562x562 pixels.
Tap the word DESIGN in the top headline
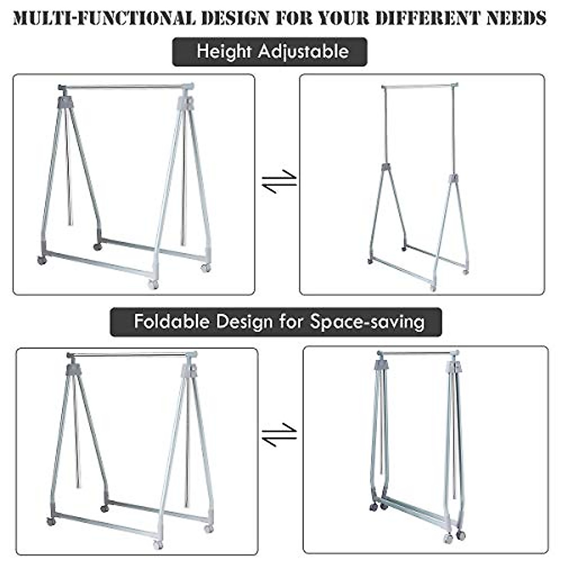coord(232,18)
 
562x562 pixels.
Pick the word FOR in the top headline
coord(293,18)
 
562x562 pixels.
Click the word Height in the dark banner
coord(224,51)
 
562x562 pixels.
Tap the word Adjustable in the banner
coord(303,51)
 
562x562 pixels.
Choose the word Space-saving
coord(367,322)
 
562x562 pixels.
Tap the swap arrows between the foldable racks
coord(279,435)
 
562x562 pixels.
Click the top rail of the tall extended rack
coord(419,87)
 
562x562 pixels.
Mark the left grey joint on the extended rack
coord(385,167)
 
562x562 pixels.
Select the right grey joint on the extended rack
coord(453,178)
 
